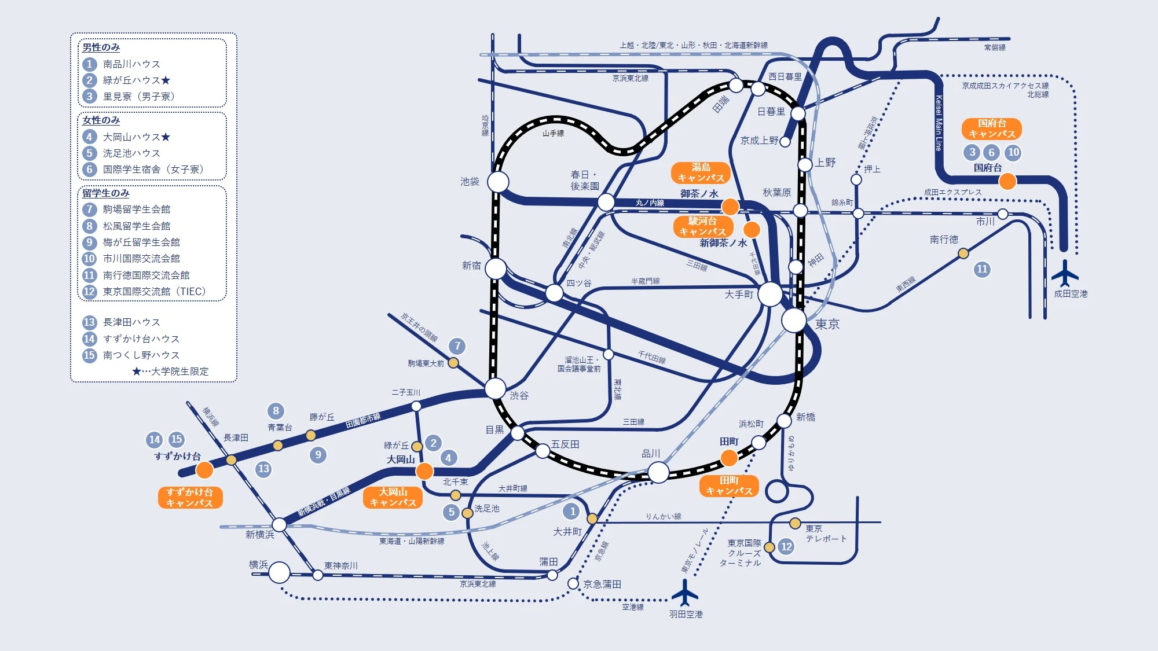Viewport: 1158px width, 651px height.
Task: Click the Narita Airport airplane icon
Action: [1065, 273]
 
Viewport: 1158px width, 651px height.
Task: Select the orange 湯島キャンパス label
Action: [701, 172]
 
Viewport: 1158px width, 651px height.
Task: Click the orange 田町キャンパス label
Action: [729, 486]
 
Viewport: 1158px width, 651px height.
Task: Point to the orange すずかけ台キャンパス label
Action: [190, 497]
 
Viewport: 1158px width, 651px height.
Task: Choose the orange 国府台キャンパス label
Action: [992, 128]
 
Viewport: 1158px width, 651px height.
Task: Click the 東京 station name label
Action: [827, 325]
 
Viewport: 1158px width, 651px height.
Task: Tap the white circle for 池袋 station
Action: [498, 182]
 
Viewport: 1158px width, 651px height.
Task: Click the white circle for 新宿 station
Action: [496, 269]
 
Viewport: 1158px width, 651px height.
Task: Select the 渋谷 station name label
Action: [519, 396]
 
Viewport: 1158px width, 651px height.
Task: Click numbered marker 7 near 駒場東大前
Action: [457, 346]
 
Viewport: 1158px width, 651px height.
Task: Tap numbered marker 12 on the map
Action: [786, 546]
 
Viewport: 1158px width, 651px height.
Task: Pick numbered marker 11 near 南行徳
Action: [982, 269]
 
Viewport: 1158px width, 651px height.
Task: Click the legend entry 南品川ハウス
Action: [131, 64]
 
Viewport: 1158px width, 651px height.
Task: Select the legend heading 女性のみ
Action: [101, 120]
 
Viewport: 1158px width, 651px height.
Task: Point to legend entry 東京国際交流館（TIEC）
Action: [154, 292]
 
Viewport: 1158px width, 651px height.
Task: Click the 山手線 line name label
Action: [553, 133]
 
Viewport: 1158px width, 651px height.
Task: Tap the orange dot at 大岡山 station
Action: [424, 471]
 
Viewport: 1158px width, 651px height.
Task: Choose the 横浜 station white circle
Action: [279, 572]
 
